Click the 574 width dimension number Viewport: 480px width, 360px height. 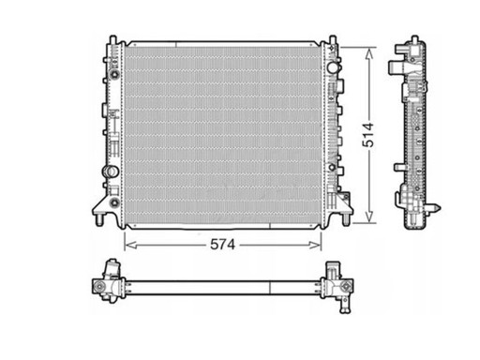[222, 245]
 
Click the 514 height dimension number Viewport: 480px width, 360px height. [368, 135]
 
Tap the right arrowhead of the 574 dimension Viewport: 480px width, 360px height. [315, 245]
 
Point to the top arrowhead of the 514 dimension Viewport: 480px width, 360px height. [369, 53]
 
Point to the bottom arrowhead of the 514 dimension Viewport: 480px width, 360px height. [369, 217]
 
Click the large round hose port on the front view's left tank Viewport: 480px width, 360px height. [111, 172]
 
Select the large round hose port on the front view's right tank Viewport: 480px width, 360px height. [333, 67]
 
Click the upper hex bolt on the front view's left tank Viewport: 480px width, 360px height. [115, 74]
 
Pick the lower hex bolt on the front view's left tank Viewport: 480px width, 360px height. [114, 202]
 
